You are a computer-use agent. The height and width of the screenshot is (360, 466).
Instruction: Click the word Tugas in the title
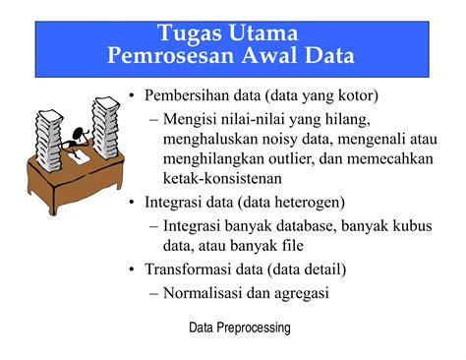[x=193, y=34]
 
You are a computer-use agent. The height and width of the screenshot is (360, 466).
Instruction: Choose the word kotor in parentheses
[x=352, y=95]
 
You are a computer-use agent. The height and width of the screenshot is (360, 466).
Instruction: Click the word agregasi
[x=299, y=292]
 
